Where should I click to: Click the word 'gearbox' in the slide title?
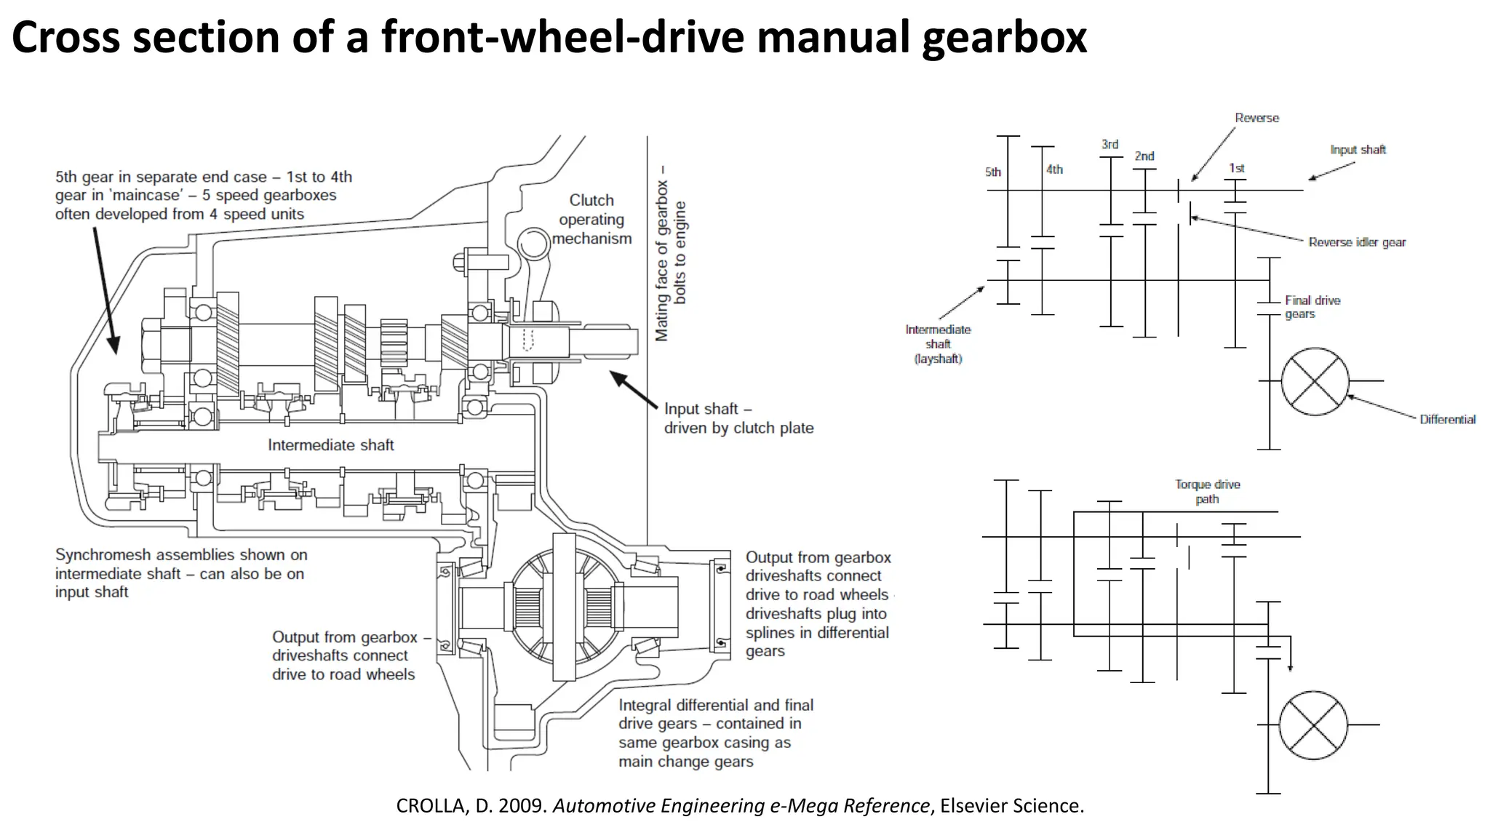[1004, 38]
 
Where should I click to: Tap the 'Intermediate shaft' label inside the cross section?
[330, 444]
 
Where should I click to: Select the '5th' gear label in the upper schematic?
[992, 172]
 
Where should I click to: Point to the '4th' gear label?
[1054, 169]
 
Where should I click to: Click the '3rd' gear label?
[1109, 144]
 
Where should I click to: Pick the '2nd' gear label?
[1144, 156]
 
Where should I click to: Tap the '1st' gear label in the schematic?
[1236, 168]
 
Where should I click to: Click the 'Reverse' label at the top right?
[1256, 118]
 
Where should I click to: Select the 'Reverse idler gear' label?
[1357, 242]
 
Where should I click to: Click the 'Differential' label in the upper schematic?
[1447, 419]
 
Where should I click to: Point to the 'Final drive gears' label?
[1312, 307]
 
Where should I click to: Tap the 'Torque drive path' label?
[1207, 491]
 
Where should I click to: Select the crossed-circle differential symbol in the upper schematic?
[1315, 381]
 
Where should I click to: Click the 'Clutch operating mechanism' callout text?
[591, 219]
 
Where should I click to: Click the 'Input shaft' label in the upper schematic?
[1358, 149]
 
